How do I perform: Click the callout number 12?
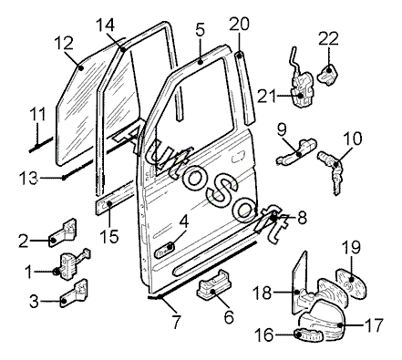pos(64,43)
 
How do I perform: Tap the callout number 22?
pos(328,38)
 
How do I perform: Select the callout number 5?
pos(201,29)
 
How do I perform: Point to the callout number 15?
pos(109,236)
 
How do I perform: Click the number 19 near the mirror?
pos(352,247)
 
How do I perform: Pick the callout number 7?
pos(177,323)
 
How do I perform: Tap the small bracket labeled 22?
pos(327,74)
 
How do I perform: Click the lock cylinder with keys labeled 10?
pos(333,171)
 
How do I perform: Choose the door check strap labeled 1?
pos(71,263)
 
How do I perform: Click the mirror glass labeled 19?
pos(352,283)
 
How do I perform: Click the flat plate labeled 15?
pos(114,199)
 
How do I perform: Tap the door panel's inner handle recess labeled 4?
pos(165,249)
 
